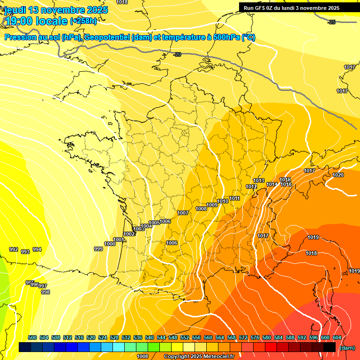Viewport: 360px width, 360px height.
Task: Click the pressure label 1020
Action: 338,175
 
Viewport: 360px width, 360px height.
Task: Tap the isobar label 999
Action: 98,249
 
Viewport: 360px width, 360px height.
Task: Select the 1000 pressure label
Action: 110,244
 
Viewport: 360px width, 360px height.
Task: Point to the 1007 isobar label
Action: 183,213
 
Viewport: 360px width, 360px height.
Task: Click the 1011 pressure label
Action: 235,198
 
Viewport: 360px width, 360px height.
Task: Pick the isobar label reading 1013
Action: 259,180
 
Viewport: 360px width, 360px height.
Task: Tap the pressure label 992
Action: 14,249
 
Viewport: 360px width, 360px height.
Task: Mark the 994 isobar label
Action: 37,249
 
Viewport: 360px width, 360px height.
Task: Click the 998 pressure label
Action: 45,292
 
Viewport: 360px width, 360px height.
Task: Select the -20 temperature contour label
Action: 177,55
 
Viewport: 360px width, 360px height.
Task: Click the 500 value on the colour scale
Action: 32,337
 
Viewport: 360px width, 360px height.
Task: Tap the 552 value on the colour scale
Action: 185,337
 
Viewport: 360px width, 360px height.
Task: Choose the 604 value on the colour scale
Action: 337,337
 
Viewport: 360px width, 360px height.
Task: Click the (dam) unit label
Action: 347,348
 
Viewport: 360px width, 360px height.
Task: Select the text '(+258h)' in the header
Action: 83,21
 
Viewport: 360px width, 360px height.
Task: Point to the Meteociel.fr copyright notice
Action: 198,356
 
